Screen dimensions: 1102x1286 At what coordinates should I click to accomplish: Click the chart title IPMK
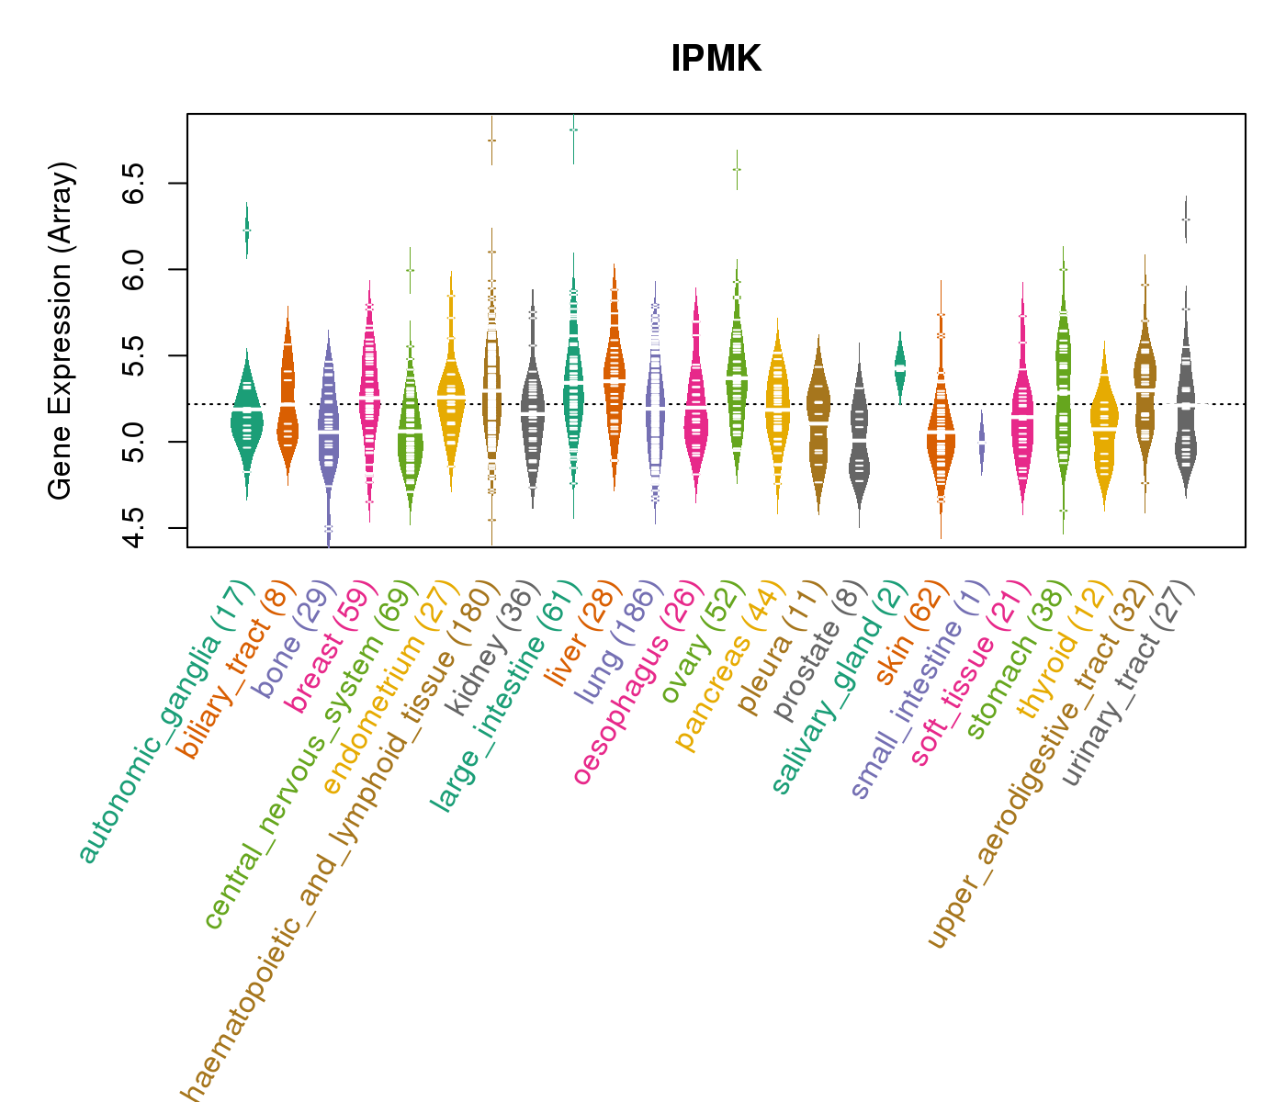coord(716,59)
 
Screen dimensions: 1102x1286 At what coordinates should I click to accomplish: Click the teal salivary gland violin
coord(899,366)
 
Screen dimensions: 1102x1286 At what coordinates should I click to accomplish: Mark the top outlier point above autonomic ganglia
coord(246,230)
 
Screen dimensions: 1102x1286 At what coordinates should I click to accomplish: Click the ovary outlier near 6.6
coord(736,169)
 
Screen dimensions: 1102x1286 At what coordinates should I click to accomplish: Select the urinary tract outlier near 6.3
coord(1185,219)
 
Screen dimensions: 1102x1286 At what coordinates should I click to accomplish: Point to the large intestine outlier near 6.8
coord(573,129)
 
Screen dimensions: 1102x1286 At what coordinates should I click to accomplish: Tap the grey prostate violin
coord(859,441)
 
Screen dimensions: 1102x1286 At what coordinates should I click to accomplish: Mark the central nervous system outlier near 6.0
coord(410,270)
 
